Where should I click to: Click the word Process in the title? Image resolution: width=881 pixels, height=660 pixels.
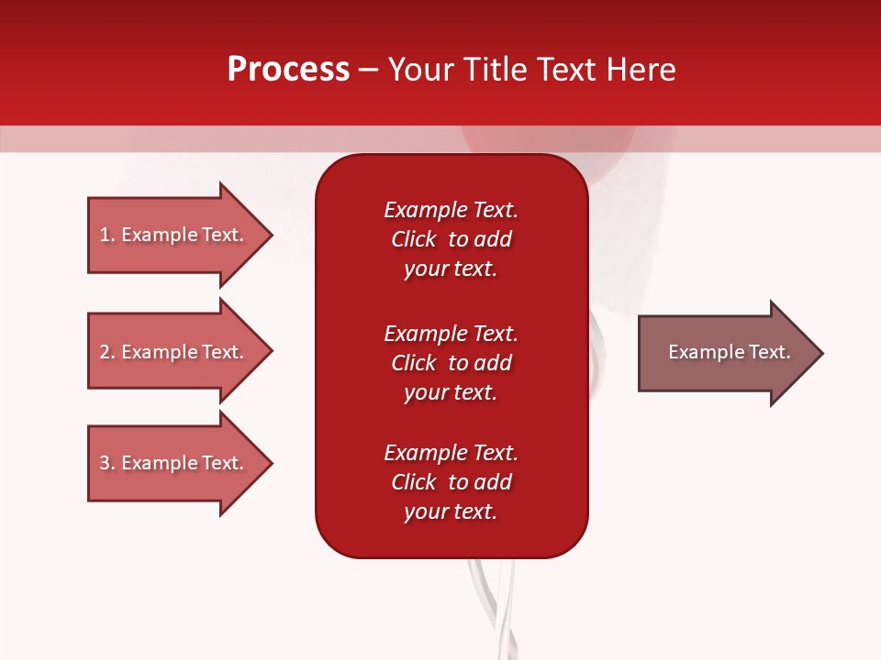pyautogui.click(x=288, y=70)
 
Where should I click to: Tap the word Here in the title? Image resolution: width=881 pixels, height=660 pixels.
pyautogui.click(x=641, y=70)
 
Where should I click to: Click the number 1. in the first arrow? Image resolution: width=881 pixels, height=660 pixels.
pyautogui.click(x=106, y=235)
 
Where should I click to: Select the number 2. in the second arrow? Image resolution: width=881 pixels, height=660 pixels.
pyautogui.click(x=106, y=352)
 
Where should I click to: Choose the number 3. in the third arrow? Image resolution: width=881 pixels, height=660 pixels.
pyautogui.click(x=106, y=463)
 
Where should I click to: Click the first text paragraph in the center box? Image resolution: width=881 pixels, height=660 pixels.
pyautogui.click(x=451, y=239)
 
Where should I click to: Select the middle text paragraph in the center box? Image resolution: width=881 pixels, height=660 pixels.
pyautogui.click(x=451, y=362)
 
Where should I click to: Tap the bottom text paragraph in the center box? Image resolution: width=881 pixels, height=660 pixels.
pyautogui.click(x=451, y=482)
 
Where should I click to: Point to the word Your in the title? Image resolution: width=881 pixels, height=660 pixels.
pyautogui.click(x=423, y=70)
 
